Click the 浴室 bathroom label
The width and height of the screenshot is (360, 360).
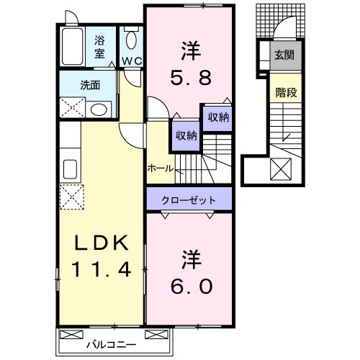tap(99, 47)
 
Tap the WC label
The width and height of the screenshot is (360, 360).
tap(131, 60)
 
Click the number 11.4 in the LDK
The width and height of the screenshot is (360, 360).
tap(101, 271)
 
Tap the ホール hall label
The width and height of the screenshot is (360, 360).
tap(160, 167)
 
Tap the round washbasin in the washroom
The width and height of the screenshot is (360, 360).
tap(99, 109)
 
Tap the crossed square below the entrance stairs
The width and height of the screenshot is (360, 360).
tap(280, 170)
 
